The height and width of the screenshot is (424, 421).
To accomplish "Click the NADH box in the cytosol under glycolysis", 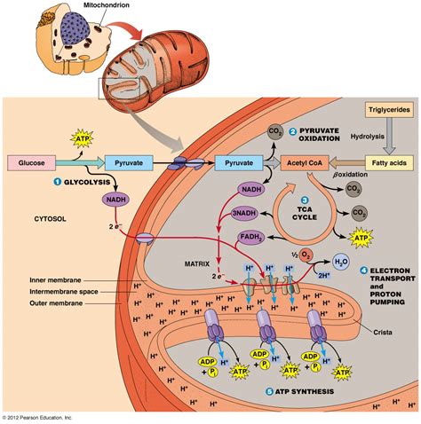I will point(115,200).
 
